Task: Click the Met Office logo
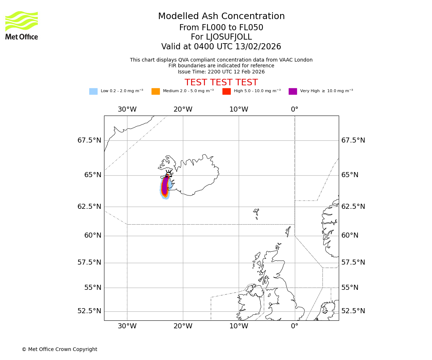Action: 22,25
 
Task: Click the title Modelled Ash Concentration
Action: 221,16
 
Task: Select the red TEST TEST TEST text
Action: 221,82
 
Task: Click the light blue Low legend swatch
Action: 93,91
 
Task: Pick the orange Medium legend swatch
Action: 156,91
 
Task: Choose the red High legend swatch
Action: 226,91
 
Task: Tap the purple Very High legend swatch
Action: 293,91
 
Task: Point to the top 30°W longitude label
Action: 127,109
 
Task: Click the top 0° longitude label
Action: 294,109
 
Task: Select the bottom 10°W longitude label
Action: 239,326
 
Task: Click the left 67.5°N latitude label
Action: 89,140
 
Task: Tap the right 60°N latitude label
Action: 350,235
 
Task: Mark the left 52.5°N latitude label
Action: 89,311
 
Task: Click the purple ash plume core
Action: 165,186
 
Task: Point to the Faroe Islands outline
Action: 256,213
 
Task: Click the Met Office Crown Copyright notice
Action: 59,349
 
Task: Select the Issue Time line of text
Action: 221,72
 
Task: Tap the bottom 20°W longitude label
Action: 183,326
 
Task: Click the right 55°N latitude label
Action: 350,288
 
